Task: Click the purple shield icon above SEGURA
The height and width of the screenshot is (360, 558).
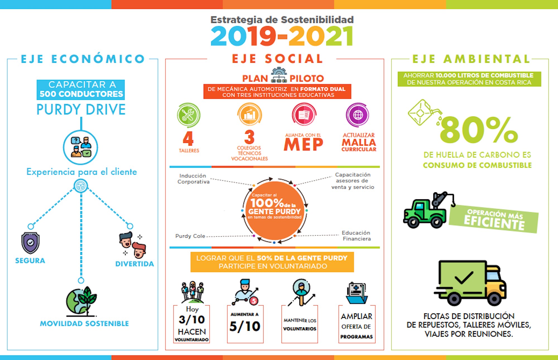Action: tap(30, 243)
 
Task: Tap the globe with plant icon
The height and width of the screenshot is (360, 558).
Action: tap(81, 301)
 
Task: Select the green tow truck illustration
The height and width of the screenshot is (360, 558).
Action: tap(429, 210)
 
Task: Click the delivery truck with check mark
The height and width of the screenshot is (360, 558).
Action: tap(470, 283)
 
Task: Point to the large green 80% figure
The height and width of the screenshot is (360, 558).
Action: tap(479, 129)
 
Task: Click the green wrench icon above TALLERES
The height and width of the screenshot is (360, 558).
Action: tap(189, 115)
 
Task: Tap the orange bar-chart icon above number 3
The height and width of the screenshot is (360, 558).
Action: tap(249, 114)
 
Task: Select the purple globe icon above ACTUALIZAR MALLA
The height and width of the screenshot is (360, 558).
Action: tap(358, 115)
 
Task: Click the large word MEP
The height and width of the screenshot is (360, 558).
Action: tap(303, 145)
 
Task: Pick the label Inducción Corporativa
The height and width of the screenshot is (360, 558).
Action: tap(193, 179)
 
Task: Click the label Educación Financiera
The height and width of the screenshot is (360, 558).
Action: tap(356, 236)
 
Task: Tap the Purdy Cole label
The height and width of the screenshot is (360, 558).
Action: tap(190, 236)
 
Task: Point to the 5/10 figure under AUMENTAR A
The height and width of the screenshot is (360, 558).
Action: tap(245, 326)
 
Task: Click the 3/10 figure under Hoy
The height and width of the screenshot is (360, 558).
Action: tap(192, 320)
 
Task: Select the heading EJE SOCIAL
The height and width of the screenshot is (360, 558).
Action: tap(277, 59)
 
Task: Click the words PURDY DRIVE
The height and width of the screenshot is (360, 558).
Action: tap(81, 109)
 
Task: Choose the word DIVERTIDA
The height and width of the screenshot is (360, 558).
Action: tap(134, 264)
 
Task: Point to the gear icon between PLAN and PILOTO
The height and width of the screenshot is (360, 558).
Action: tap(279, 75)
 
